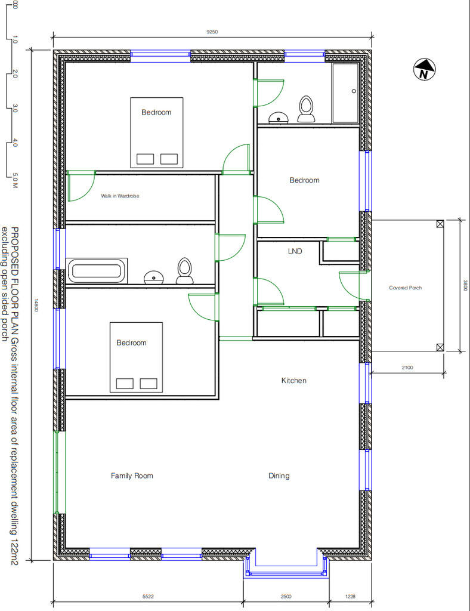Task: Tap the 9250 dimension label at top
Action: pyautogui.click(x=212, y=32)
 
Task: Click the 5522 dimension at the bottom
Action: pyautogui.click(x=149, y=596)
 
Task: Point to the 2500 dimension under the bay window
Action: pyautogui.click(x=286, y=596)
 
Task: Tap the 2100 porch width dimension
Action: pyautogui.click(x=407, y=368)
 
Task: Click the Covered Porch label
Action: pyautogui.click(x=406, y=288)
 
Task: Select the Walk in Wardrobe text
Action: pyautogui.click(x=120, y=196)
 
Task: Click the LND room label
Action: pyautogui.click(x=295, y=251)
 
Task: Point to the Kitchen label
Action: pyautogui.click(x=293, y=380)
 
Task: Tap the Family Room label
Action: pyautogui.click(x=132, y=476)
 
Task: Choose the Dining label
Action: pyautogui.click(x=279, y=476)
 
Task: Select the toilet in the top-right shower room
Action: pyautogui.click(x=306, y=108)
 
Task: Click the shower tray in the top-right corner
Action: pyautogui.click(x=345, y=92)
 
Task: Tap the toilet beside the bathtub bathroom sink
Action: pyautogui.click(x=184, y=270)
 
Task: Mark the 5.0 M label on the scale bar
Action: pyautogui.click(x=14, y=179)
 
